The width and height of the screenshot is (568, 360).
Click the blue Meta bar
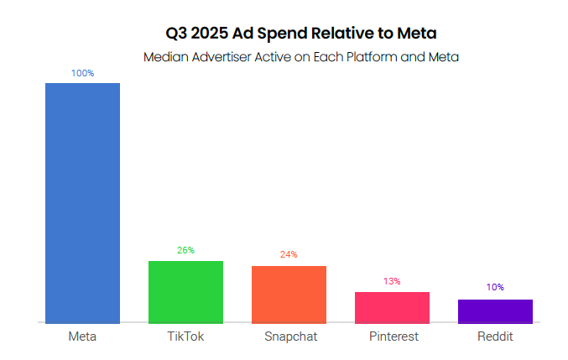(x=82, y=202)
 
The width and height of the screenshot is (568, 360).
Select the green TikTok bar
(x=185, y=291)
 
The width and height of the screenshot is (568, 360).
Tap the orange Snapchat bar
(x=289, y=294)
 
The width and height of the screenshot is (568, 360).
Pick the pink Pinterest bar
(x=392, y=307)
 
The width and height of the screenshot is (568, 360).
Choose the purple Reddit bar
(x=495, y=310)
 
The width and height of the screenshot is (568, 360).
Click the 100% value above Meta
(x=82, y=74)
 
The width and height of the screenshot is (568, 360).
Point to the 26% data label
(x=185, y=250)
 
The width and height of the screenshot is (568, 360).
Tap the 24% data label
(x=289, y=254)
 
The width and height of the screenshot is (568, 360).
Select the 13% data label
(x=392, y=281)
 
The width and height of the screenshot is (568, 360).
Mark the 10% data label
(x=495, y=287)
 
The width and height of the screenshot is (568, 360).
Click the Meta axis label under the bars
(x=82, y=337)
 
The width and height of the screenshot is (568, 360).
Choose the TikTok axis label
(x=185, y=337)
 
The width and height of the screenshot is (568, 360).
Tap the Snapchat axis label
(x=289, y=337)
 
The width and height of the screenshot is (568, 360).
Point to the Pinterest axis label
(x=393, y=337)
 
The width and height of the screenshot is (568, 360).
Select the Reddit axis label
(x=495, y=337)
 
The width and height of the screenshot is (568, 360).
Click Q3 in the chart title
(x=178, y=34)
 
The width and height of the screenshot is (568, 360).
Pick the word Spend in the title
(x=289, y=34)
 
